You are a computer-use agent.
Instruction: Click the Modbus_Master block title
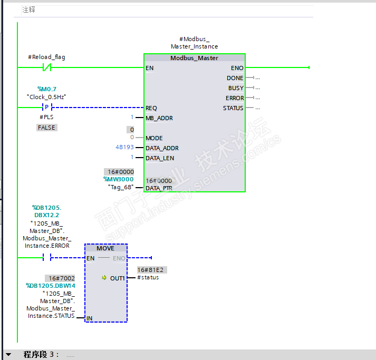194,58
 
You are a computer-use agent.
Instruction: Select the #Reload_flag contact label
46,57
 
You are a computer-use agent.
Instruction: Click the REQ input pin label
151,108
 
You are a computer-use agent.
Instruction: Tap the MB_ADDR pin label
159,118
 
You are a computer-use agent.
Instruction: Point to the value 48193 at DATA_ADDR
124,148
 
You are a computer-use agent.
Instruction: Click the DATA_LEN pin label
160,158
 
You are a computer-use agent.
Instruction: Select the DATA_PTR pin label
160,188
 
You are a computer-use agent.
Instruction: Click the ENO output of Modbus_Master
237,68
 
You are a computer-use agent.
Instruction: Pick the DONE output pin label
235,78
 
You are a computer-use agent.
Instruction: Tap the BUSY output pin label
236,88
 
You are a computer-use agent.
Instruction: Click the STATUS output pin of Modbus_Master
233,108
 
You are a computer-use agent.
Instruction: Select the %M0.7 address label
46,89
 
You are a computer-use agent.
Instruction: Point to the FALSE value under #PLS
46,128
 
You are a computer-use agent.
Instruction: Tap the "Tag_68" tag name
121,187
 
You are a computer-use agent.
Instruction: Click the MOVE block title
105,248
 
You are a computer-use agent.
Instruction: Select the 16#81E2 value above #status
152,270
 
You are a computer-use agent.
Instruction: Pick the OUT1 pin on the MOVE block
117,278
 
